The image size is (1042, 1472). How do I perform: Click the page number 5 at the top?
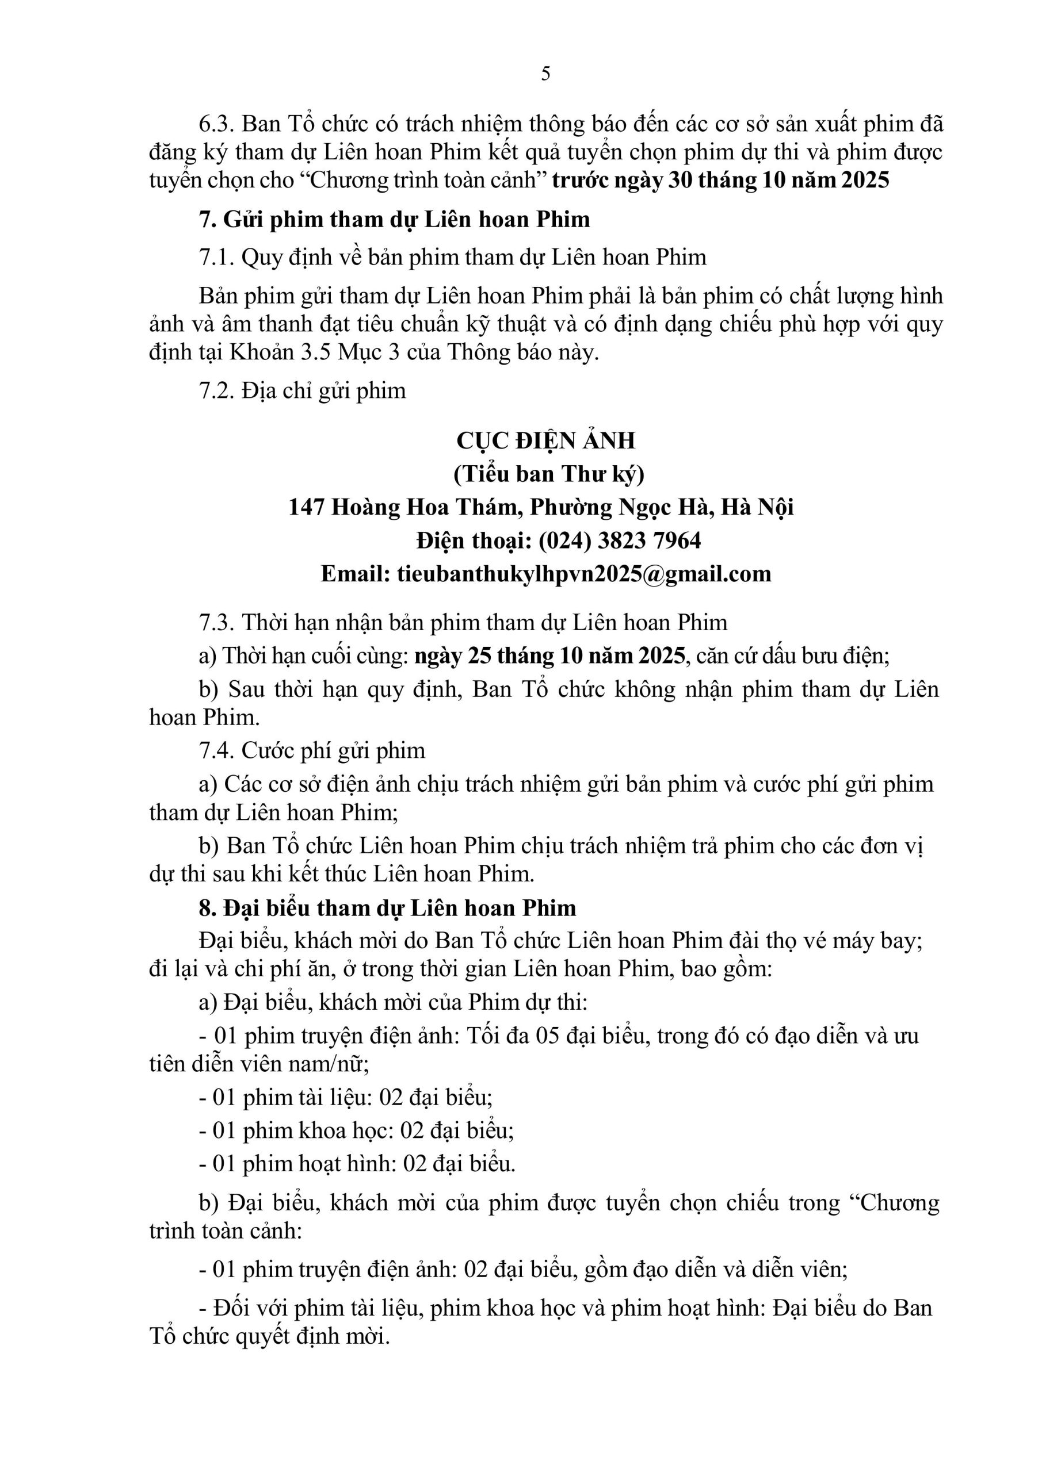[545, 74]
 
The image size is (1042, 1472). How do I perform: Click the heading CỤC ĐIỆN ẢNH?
[545, 441]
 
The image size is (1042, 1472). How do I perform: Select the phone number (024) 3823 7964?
[620, 540]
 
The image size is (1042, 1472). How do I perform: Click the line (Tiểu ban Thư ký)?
[548, 474]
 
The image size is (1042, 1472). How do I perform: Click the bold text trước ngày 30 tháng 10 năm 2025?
[720, 180]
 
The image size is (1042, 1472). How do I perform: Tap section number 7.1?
[217, 257]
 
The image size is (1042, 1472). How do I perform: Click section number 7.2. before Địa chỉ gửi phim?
[217, 390]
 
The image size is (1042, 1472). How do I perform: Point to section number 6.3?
[217, 124]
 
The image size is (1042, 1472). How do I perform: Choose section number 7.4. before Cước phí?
[217, 750]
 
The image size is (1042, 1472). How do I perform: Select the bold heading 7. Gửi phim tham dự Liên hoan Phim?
[394, 219]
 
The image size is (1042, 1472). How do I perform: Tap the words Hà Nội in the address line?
[758, 507]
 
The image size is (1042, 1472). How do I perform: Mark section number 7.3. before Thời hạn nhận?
[217, 623]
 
